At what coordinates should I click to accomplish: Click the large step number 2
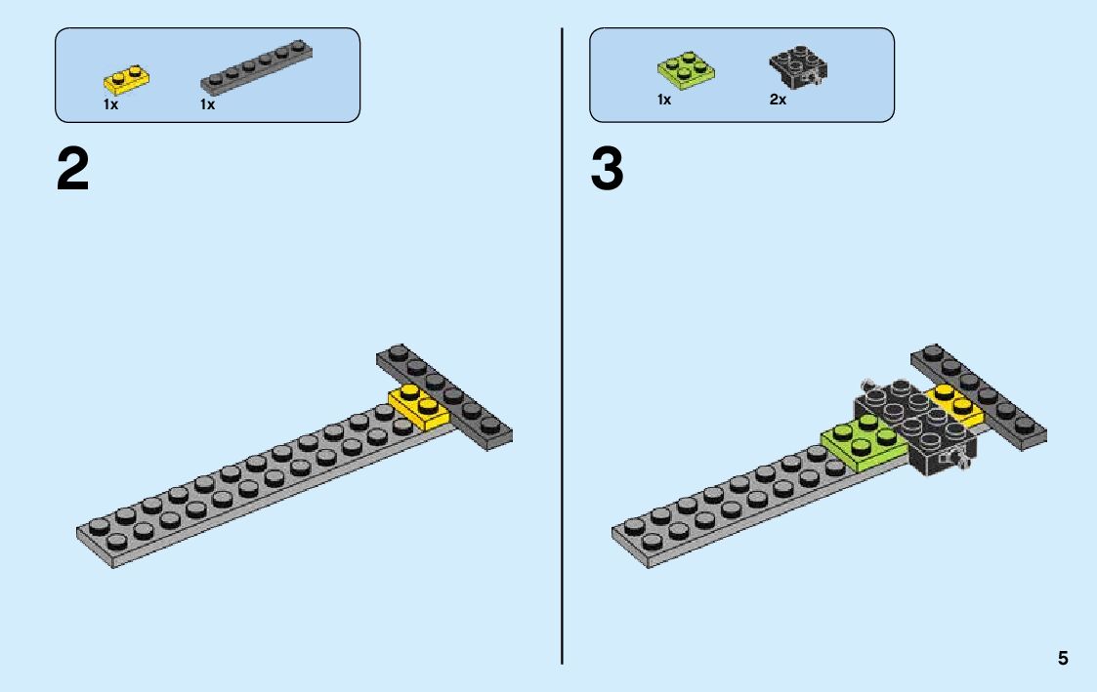pos(72,172)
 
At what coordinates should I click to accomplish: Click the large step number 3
pos(607,172)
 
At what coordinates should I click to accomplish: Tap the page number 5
pos(1063,658)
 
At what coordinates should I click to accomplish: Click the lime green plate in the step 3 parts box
pos(684,70)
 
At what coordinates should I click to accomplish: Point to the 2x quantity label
pos(778,100)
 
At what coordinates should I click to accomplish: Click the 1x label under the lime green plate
pos(664,100)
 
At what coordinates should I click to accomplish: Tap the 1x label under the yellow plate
pos(110,104)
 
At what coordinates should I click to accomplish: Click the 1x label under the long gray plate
pos(207,104)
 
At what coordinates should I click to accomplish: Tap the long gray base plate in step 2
pos(244,488)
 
